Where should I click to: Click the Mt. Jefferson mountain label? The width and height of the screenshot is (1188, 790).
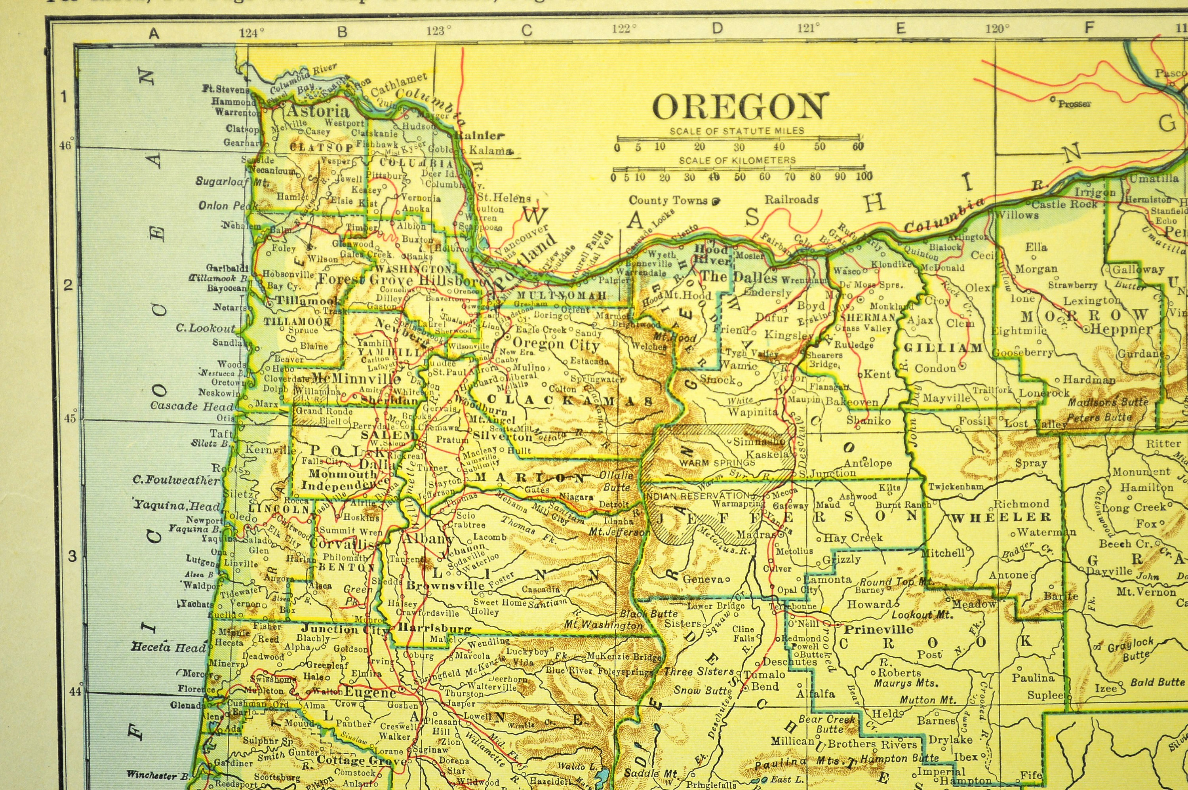tap(619, 531)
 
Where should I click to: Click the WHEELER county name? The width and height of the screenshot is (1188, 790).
tap(1000, 517)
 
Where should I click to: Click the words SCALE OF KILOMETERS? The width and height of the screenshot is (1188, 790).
tap(737, 161)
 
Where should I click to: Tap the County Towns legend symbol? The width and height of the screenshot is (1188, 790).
tap(716, 201)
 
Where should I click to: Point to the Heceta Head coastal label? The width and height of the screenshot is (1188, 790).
tap(169, 647)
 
